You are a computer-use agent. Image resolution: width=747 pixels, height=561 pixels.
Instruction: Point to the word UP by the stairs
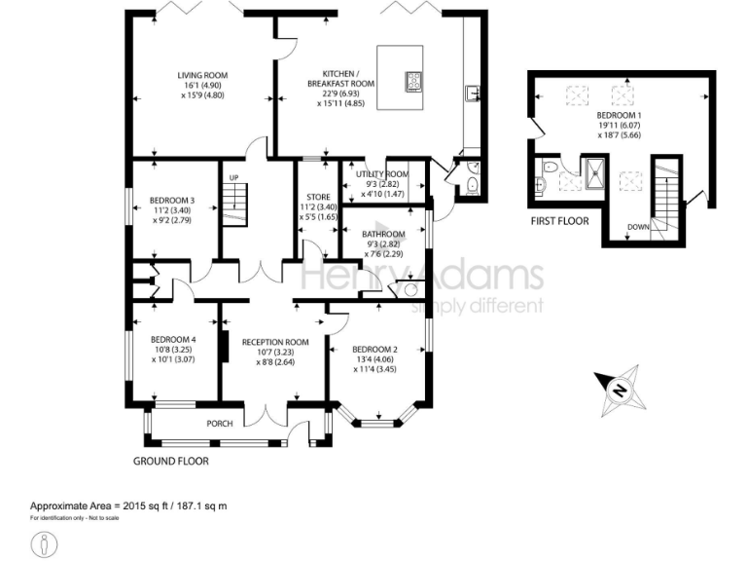pos(233,177)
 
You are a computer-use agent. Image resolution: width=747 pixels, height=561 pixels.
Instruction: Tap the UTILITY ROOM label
pos(382,173)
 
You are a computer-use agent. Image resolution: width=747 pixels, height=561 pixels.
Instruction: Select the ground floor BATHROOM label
pos(383,235)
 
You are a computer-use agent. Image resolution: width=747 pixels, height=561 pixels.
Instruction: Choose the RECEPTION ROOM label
pos(275,343)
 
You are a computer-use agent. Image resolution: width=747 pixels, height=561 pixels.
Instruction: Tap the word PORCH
pos(219,425)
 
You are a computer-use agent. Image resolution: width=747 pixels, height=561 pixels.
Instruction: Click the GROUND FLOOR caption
pos(171,461)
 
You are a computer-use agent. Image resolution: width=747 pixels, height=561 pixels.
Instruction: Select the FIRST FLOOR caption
pos(559,221)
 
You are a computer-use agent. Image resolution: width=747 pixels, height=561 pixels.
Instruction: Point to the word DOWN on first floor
pos(638,228)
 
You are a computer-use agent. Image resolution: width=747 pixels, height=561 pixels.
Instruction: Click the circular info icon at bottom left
pos(44,543)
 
